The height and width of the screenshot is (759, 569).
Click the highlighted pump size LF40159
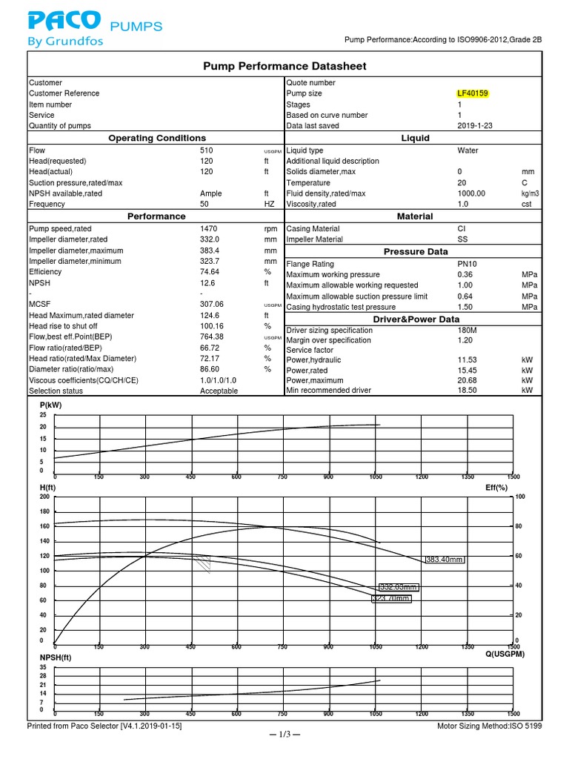[473, 93]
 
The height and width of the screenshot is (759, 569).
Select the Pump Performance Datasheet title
[284, 67]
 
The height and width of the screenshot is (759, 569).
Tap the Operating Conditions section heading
[157, 139]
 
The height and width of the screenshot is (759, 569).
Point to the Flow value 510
[197, 150]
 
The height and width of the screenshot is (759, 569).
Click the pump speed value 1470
[200, 229]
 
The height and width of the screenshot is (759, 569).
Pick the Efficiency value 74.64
[202, 272]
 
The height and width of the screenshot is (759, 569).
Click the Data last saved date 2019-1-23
[475, 126]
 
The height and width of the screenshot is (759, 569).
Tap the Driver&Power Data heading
[415, 319]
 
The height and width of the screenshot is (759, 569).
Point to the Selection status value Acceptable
[219, 391]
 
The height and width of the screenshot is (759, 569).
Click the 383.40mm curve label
[445, 560]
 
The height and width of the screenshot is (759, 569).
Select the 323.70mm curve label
[390, 598]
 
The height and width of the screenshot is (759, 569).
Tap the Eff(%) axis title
[496, 488]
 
